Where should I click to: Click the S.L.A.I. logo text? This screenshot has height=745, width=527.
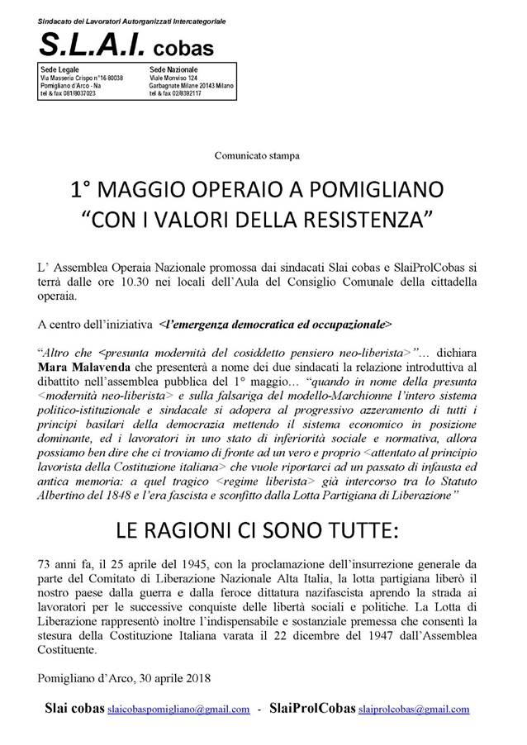[96, 45]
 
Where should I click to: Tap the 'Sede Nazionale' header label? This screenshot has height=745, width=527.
[173, 69]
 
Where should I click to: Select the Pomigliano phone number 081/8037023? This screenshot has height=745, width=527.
[78, 93]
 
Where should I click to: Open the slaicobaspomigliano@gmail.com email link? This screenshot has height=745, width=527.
[179, 709]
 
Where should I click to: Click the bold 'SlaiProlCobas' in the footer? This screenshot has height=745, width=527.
[310, 708]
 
